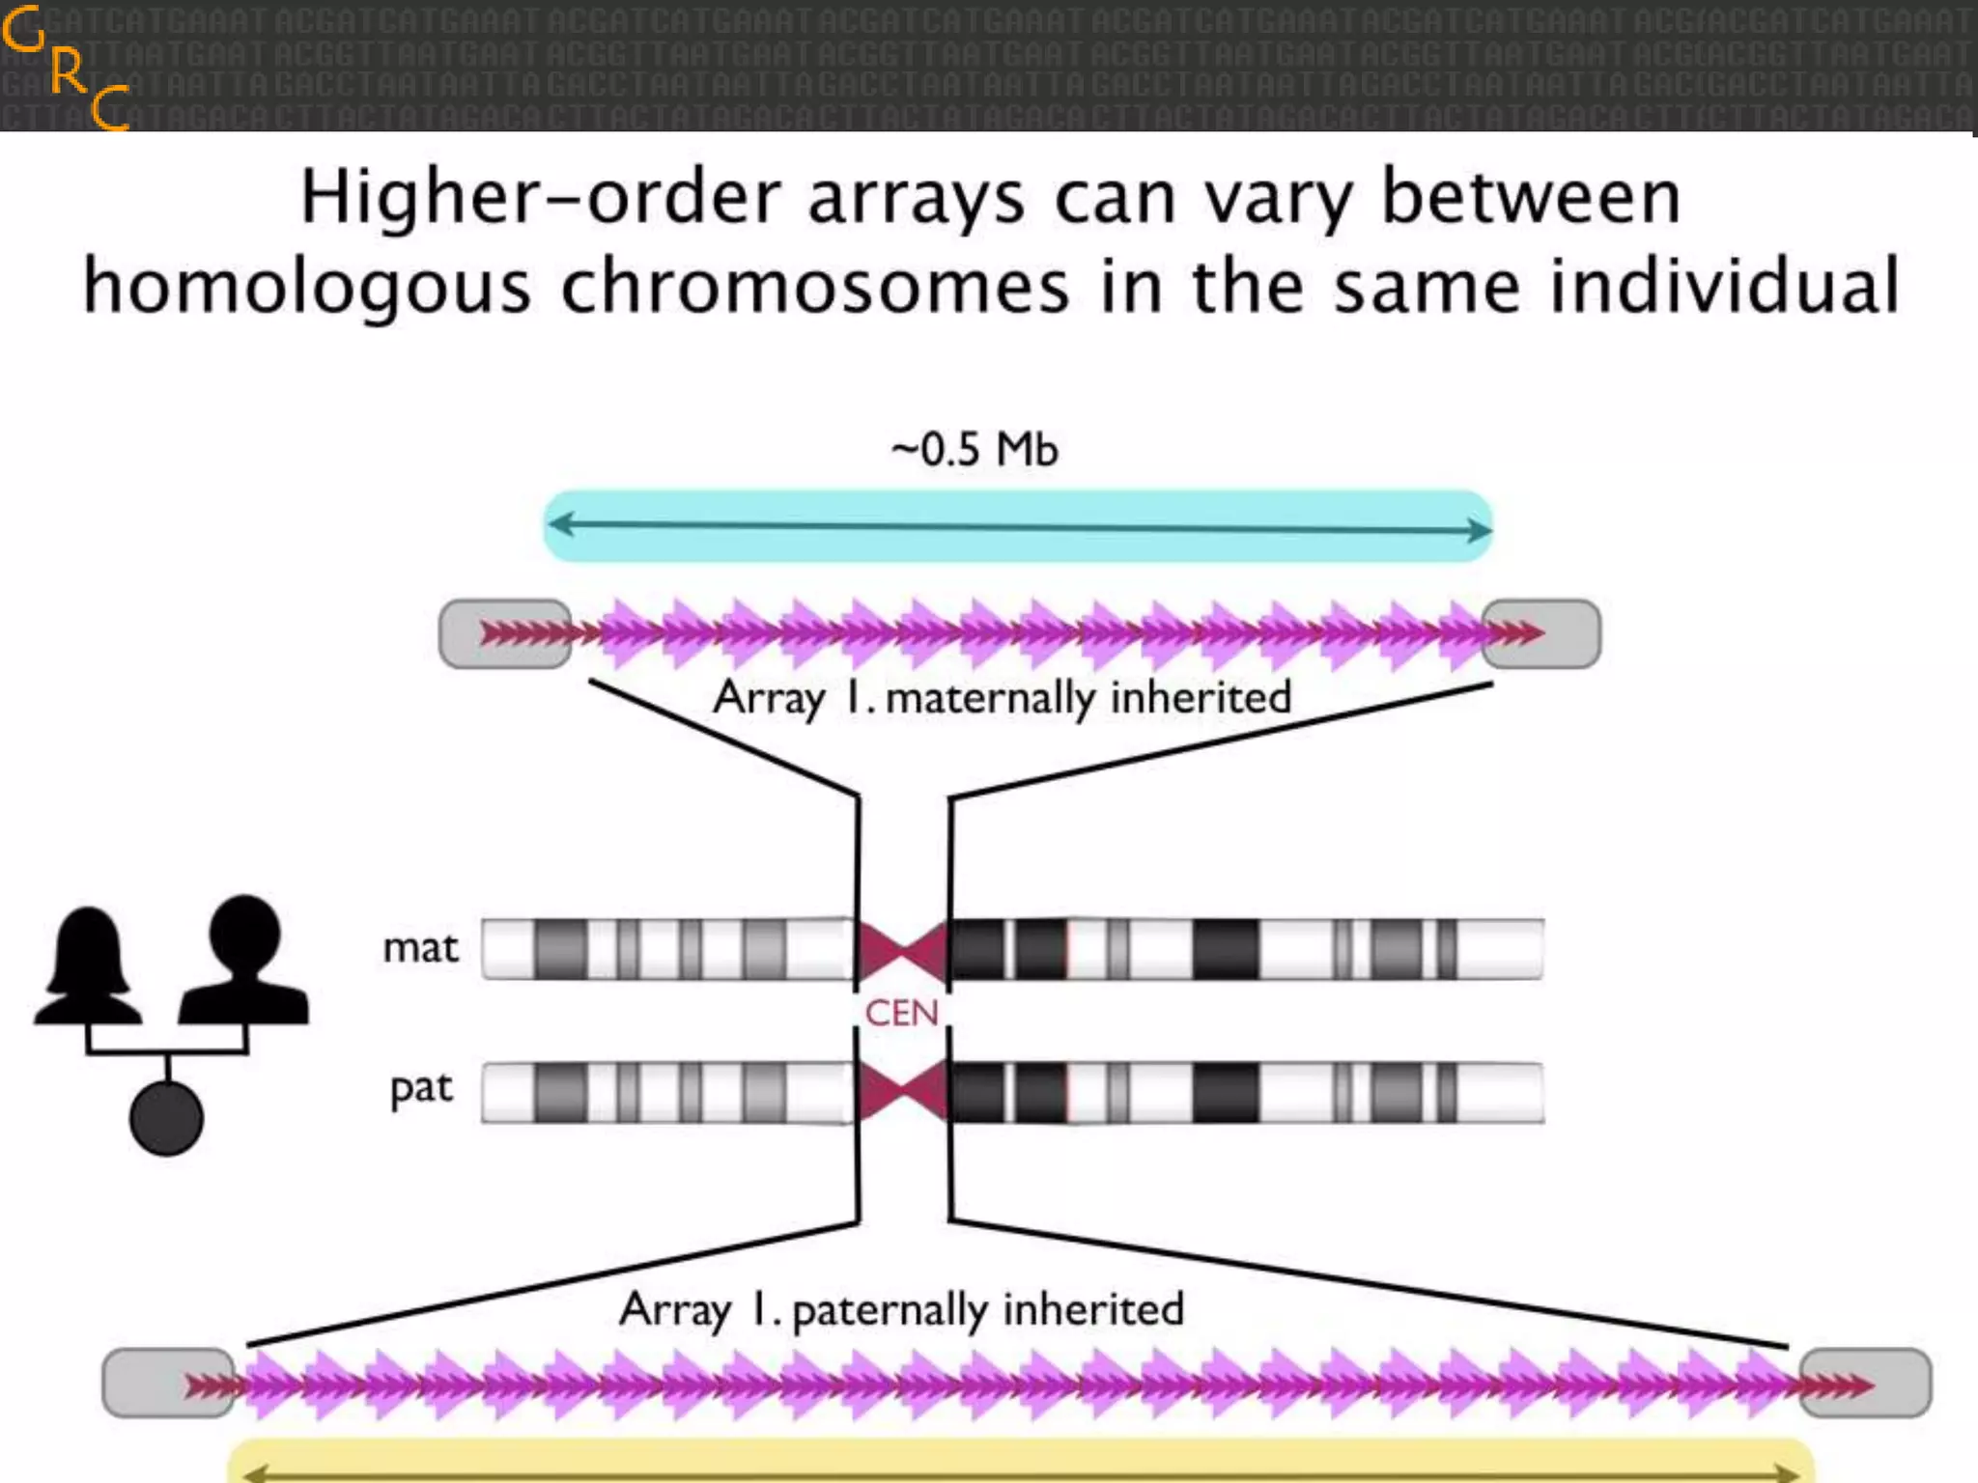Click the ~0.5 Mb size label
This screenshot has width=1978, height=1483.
(975, 451)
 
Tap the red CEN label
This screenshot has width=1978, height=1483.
(901, 1013)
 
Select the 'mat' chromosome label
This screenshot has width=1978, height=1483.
(420, 948)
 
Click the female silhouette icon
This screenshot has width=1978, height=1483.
(89, 965)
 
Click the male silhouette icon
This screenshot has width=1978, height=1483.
(245, 960)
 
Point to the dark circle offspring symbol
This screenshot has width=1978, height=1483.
(166, 1118)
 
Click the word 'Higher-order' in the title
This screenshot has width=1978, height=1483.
(540, 197)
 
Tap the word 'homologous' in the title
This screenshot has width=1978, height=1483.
(307, 287)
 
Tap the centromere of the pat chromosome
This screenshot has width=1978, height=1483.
(902, 1092)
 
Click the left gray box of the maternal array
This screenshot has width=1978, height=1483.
(503, 633)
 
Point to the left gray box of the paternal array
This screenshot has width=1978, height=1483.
(168, 1384)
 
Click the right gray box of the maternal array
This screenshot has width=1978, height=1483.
(1542, 633)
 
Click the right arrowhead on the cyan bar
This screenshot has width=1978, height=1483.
(1479, 528)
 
